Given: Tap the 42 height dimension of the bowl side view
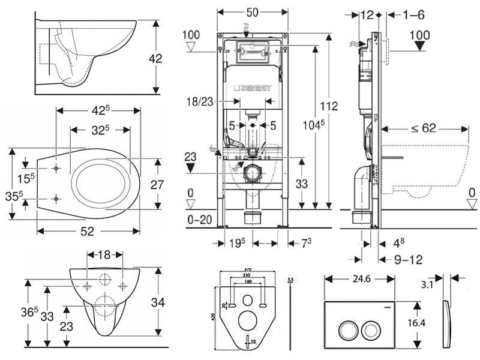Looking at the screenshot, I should coord(156,59).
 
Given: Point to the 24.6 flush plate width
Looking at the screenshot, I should coord(359,279).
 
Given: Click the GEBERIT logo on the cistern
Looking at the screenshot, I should coord(252,89).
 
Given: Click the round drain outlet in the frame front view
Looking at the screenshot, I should coord(252,171).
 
